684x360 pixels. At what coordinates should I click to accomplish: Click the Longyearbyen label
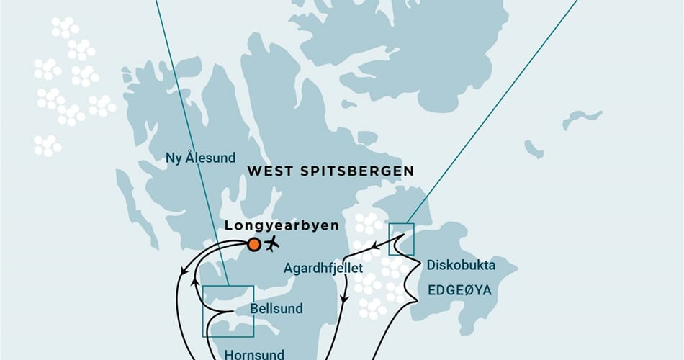(282, 225)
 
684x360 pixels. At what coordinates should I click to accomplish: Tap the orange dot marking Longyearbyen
(253, 244)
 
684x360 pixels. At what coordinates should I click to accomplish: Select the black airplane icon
(271, 243)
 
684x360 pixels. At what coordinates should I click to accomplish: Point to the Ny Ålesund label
(190, 158)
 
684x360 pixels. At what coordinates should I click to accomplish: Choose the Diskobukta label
(461, 265)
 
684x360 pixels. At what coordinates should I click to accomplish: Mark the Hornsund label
(254, 354)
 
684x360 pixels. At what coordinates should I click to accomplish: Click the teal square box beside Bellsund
(228, 311)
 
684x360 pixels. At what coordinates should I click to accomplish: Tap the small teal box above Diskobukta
(401, 239)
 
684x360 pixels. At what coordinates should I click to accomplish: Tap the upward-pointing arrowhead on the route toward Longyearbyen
(194, 283)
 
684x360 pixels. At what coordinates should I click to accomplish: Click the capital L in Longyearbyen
(229, 225)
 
